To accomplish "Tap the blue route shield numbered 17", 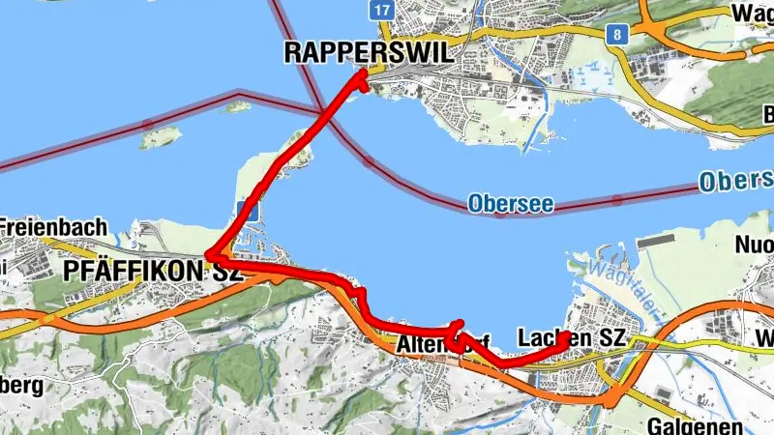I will (x=382, y=10).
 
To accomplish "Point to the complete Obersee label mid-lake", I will (x=499, y=204).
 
